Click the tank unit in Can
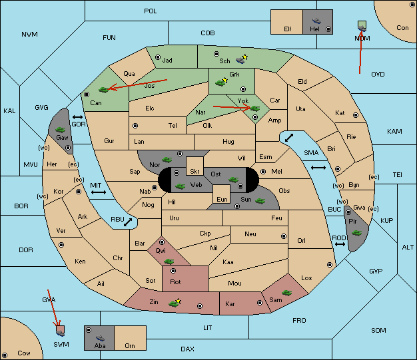104,90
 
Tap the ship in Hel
316,21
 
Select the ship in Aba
101,337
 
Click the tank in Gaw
61,130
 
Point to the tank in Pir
356,233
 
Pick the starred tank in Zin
175,303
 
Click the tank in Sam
287,293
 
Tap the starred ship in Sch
242,59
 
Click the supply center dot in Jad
158,57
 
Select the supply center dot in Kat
356,115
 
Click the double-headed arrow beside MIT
99,192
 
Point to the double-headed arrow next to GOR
78,117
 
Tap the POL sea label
151,11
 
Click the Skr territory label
195,172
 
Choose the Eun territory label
222,199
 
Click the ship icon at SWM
61,333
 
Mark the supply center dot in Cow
5,355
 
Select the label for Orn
130,345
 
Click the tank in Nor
167,160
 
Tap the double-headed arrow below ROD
340,244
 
